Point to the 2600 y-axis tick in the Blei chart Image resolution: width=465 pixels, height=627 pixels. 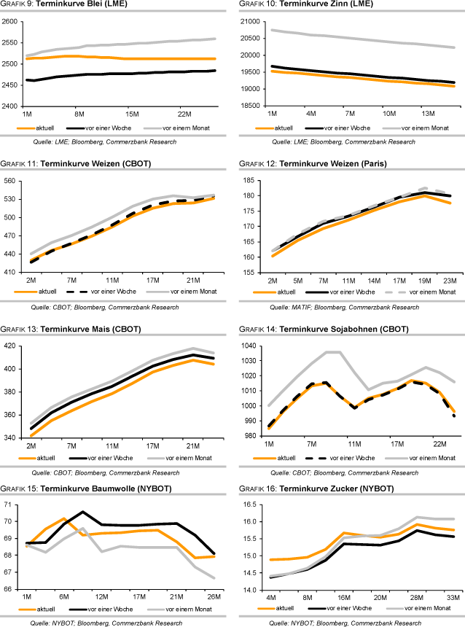(x=10, y=22)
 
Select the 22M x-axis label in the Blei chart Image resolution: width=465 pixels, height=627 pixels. (x=184, y=114)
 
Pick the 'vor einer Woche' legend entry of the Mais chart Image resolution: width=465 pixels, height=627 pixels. (x=109, y=457)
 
